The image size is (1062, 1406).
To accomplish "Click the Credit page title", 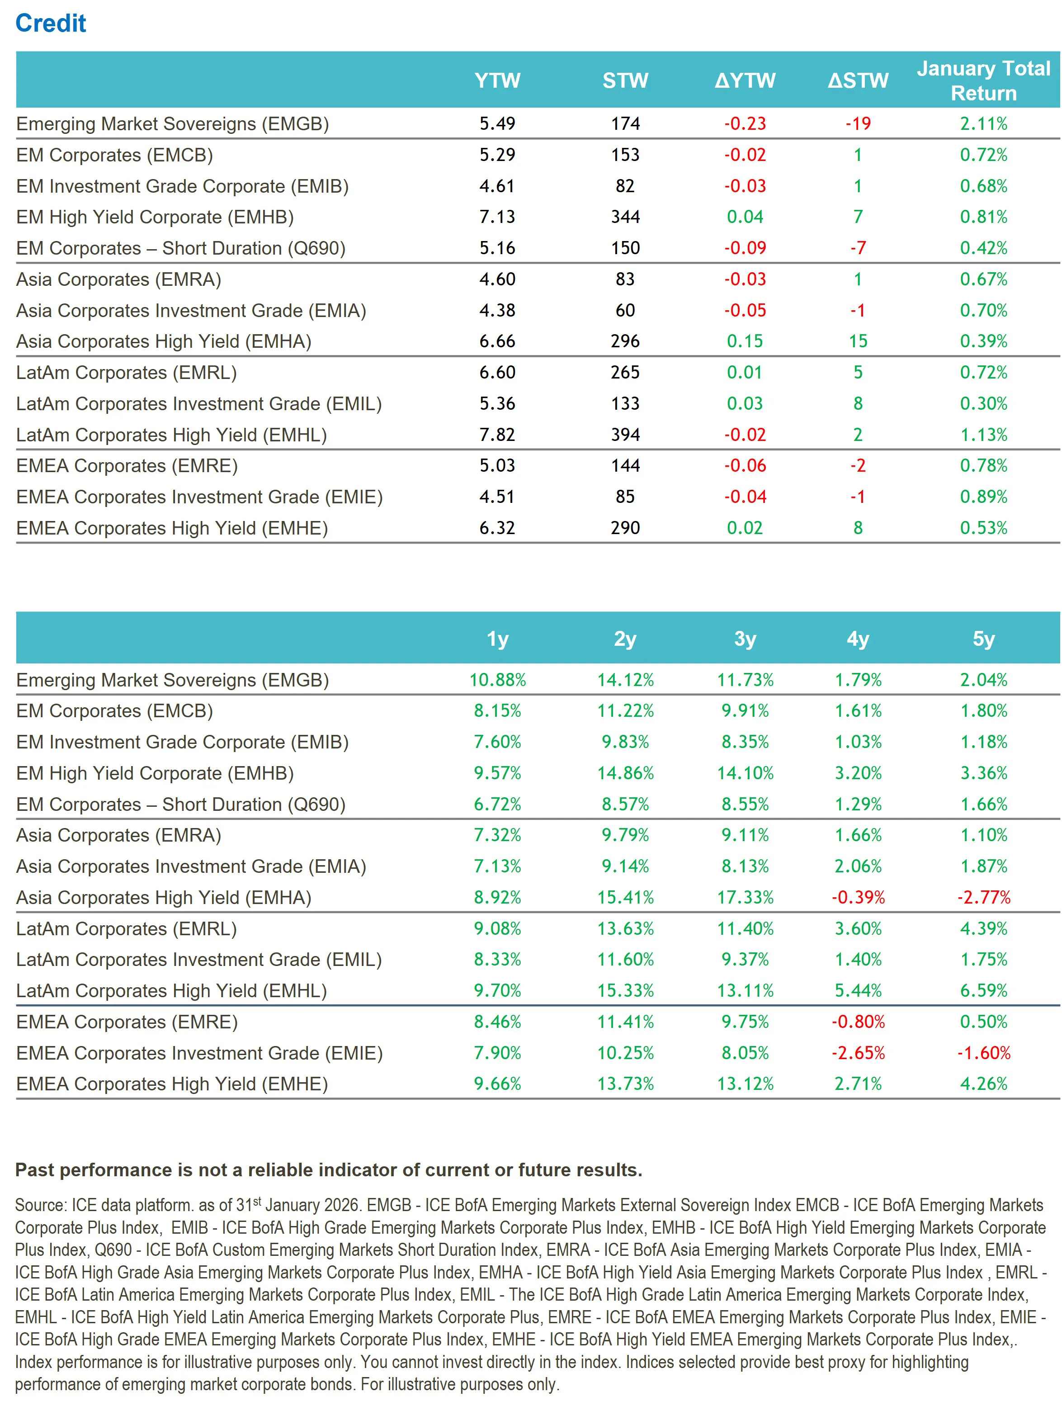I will (x=51, y=24).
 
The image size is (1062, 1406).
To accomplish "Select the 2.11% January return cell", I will (x=983, y=124).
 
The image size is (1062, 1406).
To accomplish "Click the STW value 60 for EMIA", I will (x=625, y=310).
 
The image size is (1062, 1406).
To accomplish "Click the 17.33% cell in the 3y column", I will (x=745, y=898).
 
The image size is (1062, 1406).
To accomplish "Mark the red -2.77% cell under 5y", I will (x=983, y=898).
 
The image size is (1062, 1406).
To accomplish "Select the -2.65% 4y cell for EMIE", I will (x=858, y=1053).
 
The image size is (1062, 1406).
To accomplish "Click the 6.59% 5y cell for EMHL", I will (x=983, y=991).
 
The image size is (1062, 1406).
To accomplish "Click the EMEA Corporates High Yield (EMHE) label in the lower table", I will (x=172, y=1084).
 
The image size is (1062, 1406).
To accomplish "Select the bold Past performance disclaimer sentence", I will (x=329, y=1170).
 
